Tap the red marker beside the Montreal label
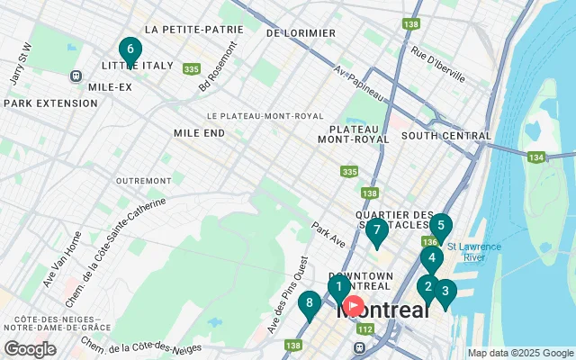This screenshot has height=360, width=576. coord(354,306)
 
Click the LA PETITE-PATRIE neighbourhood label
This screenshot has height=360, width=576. coord(193,29)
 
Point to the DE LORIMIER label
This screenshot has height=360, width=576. coord(301,33)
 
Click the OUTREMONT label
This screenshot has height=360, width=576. coord(143,181)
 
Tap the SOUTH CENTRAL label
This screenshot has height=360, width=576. coord(446,136)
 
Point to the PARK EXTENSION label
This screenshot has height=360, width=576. coord(50,103)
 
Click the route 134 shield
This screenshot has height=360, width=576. coord(536,157)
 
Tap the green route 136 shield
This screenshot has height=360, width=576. coord(429,241)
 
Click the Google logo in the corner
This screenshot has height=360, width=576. coord(30,348)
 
